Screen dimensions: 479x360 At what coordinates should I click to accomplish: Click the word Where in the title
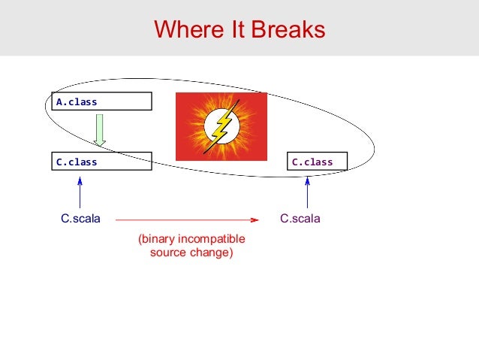click(188, 29)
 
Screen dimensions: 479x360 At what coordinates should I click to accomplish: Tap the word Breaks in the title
click(288, 29)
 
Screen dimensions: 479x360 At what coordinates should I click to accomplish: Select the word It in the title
click(237, 29)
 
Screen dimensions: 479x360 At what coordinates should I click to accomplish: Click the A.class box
click(101, 101)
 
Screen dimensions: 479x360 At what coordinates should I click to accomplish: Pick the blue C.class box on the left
click(101, 161)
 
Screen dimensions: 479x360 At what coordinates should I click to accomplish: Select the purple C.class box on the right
click(317, 161)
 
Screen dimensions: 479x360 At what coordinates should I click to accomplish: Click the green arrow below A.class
click(100, 130)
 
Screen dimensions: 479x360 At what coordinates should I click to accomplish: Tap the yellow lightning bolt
click(221, 126)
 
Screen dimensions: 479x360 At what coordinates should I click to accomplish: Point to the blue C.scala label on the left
click(80, 219)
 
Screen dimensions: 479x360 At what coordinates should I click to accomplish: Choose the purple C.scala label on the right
click(300, 219)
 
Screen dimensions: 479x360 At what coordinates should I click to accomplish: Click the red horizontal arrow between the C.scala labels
click(187, 219)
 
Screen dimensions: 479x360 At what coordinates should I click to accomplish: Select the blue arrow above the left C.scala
click(80, 192)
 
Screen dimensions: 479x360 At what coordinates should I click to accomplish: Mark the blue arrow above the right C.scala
click(307, 192)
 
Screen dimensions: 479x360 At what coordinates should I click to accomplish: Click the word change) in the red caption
click(212, 253)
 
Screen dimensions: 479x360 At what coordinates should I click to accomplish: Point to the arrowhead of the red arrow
click(255, 219)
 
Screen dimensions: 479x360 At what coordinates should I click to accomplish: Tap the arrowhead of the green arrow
click(100, 143)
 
